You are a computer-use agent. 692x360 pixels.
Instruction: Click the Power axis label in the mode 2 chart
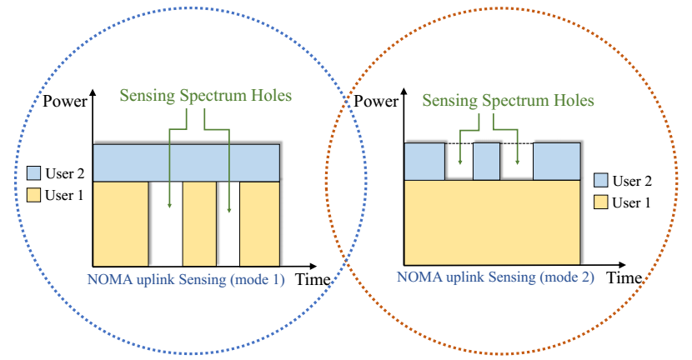tap(377, 103)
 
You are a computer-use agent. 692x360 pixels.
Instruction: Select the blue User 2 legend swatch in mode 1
tap(33, 173)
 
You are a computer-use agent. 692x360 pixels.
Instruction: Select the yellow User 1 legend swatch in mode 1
tap(33, 195)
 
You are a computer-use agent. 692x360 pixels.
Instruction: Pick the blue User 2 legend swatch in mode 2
tap(599, 180)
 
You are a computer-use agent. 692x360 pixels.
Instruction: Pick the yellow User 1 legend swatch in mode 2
tap(599, 201)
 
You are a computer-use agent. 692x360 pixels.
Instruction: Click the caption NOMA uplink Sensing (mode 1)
tap(187, 280)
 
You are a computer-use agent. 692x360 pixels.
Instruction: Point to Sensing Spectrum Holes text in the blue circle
tap(206, 95)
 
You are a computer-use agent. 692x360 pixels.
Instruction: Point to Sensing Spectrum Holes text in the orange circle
tap(509, 101)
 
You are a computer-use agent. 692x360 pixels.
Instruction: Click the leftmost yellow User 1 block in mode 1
tap(120, 223)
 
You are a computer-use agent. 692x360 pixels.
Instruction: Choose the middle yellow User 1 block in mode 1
tap(199, 223)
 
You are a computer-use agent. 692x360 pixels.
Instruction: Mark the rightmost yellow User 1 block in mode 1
tap(259, 223)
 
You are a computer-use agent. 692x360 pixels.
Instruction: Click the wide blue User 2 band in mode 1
tap(187, 162)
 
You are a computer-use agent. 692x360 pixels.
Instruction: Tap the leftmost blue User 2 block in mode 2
tap(425, 161)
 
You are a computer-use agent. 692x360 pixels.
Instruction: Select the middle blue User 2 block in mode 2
tap(487, 161)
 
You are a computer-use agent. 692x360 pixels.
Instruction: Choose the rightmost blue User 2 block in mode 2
tap(556, 161)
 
